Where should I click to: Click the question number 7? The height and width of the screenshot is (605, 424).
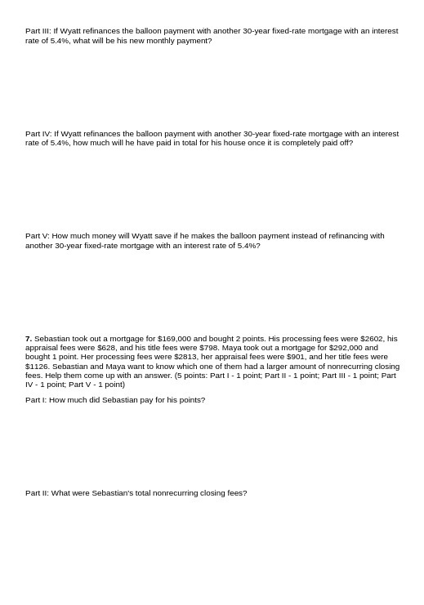tap(29, 338)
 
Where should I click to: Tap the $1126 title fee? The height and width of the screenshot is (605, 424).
tap(37, 367)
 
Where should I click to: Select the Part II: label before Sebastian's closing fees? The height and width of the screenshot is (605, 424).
tap(38, 493)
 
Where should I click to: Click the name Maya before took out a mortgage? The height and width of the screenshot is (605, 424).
tap(233, 348)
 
